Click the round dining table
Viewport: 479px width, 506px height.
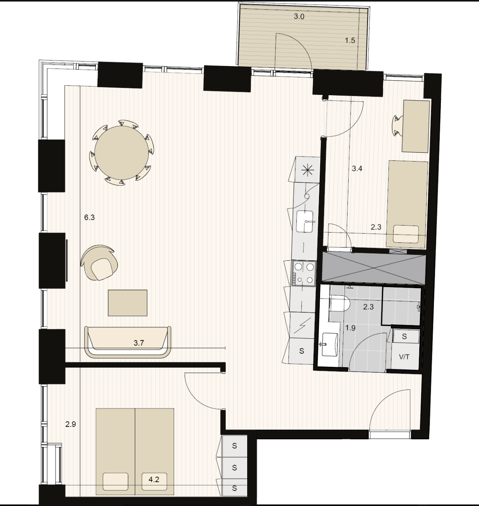122,152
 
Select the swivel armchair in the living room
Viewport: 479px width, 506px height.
99,263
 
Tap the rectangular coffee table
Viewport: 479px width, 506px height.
127,303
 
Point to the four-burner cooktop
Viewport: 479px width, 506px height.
304,273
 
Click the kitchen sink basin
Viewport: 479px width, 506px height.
305,221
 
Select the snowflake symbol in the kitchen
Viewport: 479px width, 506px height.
308,170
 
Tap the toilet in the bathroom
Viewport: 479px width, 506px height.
339,303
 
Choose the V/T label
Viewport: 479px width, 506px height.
404,357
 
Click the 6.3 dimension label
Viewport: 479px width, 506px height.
89,218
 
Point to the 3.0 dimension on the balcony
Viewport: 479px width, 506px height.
299,17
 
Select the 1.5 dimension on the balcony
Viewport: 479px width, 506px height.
350,40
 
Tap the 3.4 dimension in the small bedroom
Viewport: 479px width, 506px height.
357,169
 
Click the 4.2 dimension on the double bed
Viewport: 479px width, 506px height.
154,479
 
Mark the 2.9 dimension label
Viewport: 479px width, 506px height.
71,424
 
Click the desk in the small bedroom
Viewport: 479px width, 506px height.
416,126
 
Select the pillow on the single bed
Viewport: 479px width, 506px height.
406,234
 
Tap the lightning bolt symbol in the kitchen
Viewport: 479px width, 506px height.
302,326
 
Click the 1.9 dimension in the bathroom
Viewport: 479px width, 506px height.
350,328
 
